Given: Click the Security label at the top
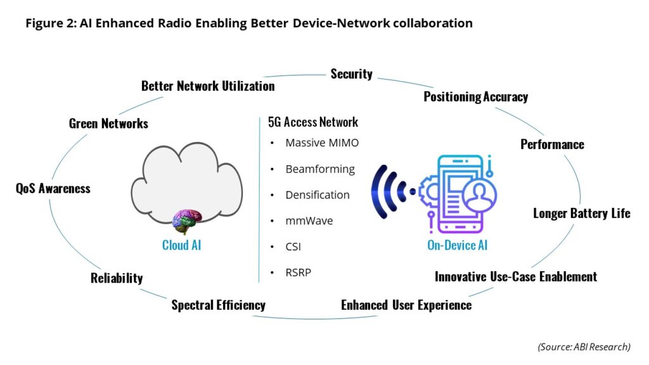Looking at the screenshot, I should [x=351, y=74].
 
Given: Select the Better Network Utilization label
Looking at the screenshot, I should [x=208, y=86].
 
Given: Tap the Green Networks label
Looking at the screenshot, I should [x=108, y=124].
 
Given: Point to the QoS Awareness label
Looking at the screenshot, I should [x=53, y=188].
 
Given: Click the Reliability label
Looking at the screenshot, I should [x=117, y=278].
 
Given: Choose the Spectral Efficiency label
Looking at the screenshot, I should [x=218, y=305].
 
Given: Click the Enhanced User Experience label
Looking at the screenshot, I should [x=406, y=305].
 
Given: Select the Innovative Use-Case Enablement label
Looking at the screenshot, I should [x=515, y=276].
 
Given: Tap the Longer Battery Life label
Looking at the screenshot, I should [x=581, y=213].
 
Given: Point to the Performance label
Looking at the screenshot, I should [x=552, y=144].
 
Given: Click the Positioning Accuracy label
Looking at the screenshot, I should [x=475, y=97].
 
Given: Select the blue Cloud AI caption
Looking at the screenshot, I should [x=181, y=245].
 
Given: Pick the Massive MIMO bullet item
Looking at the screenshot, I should [x=322, y=143].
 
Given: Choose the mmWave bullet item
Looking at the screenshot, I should [x=309, y=221].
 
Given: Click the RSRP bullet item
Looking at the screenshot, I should [x=298, y=273].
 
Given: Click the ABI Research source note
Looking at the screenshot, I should [x=584, y=347].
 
